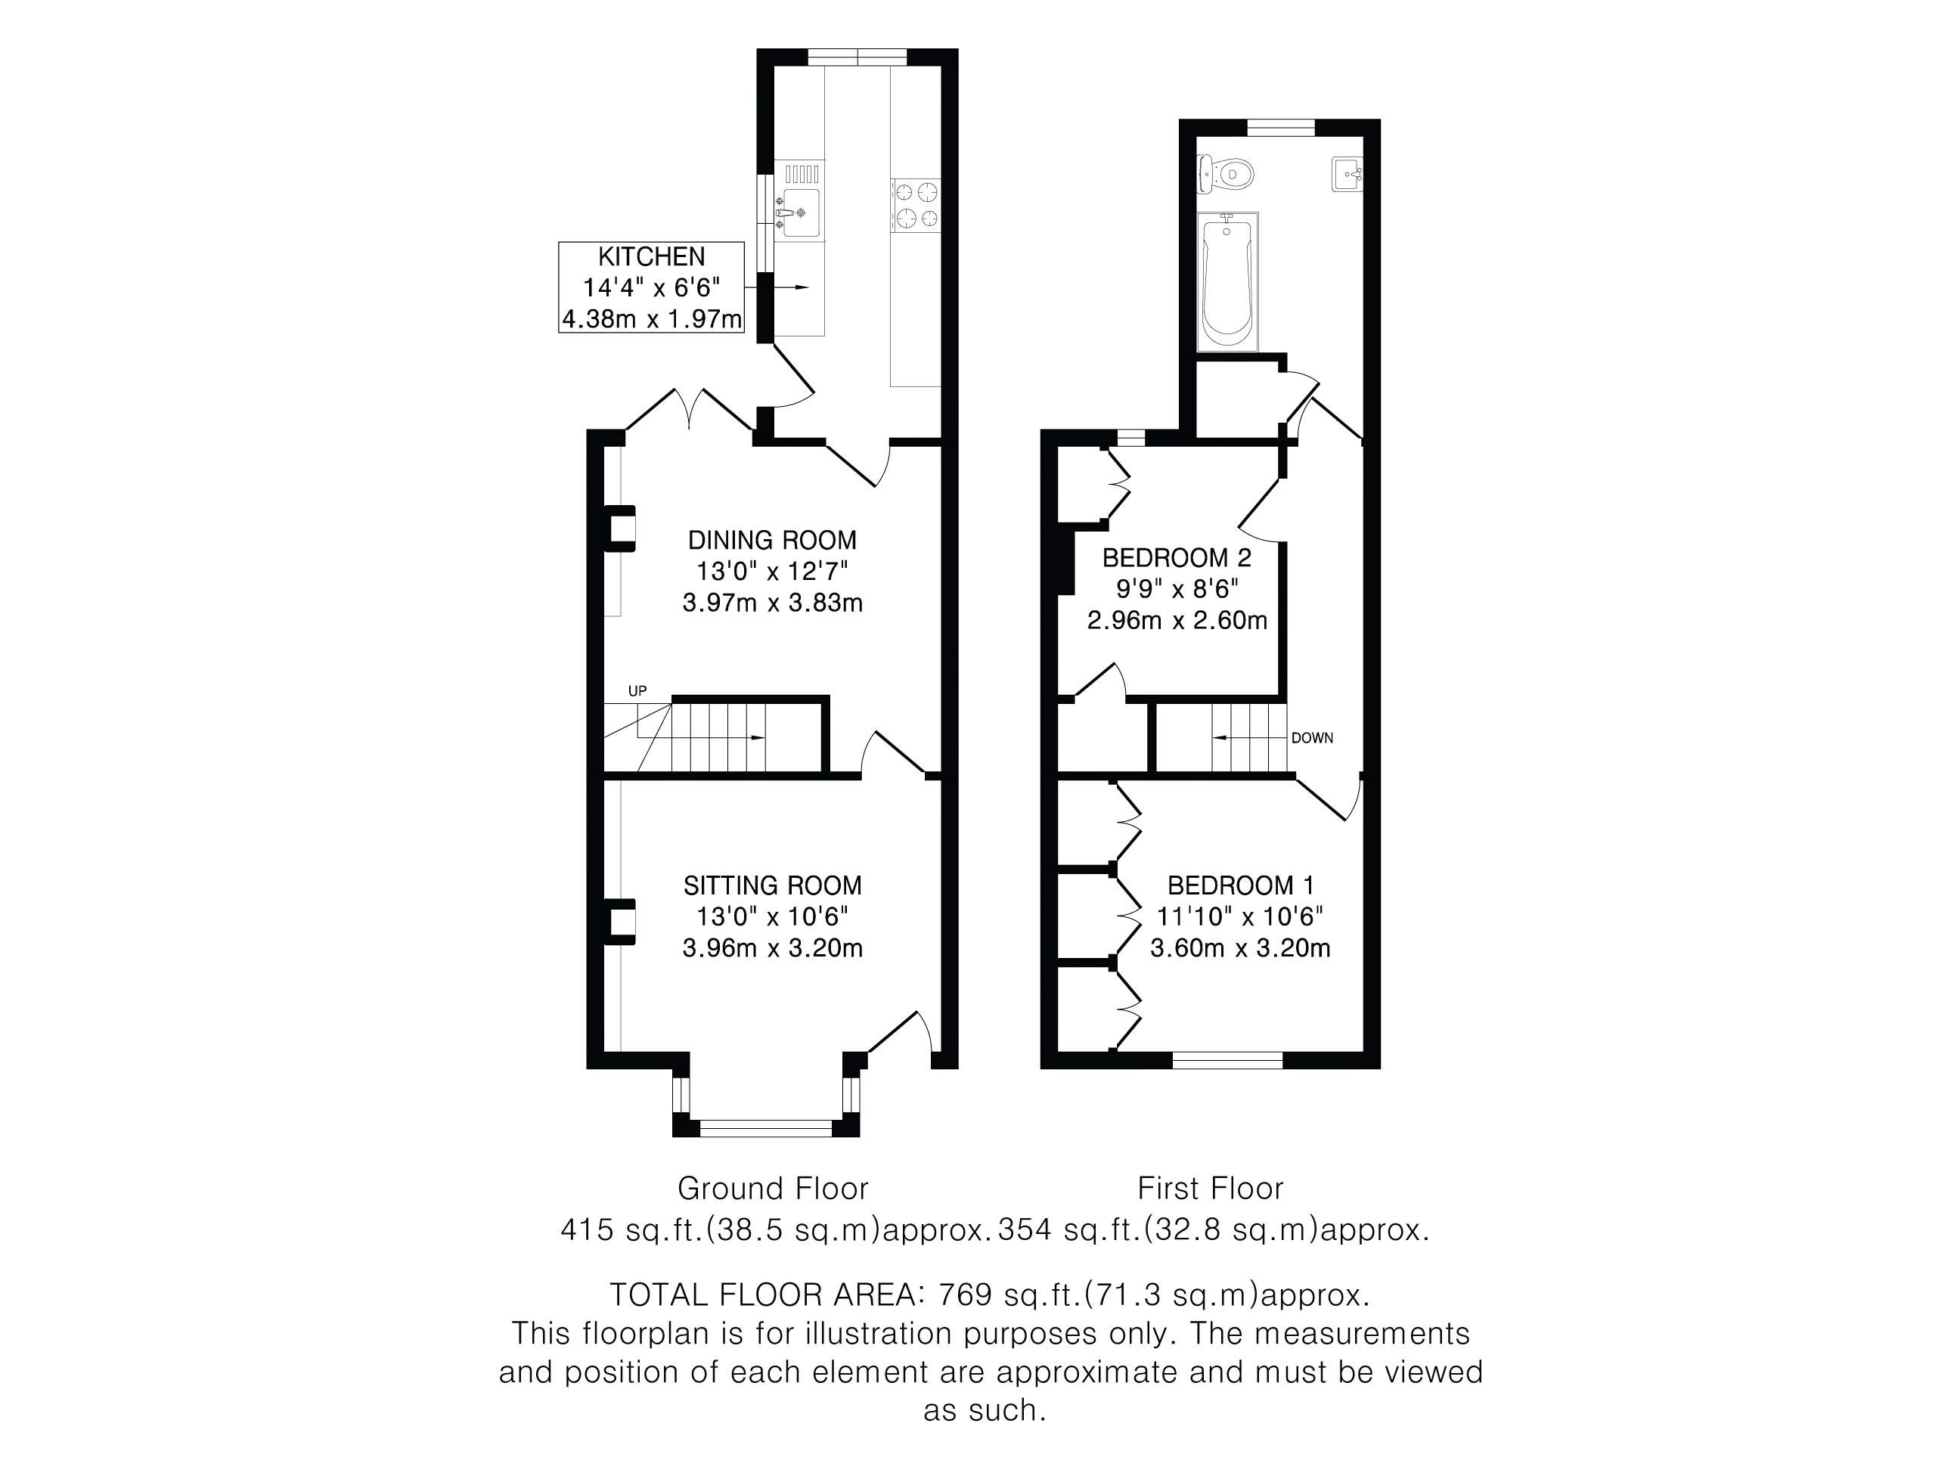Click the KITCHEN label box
(651, 288)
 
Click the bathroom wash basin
(1347, 175)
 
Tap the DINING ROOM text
(773, 539)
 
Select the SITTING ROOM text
(773, 885)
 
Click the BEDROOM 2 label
(1177, 557)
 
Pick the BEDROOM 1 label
(1241, 885)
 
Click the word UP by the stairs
(638, 691)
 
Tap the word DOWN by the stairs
(1312, 738)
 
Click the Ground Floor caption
(773, 1189)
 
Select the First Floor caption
(1211, 1189)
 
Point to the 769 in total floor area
(965, 1295)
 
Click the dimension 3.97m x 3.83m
(773, 603)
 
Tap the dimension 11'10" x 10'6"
(1241, 917)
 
